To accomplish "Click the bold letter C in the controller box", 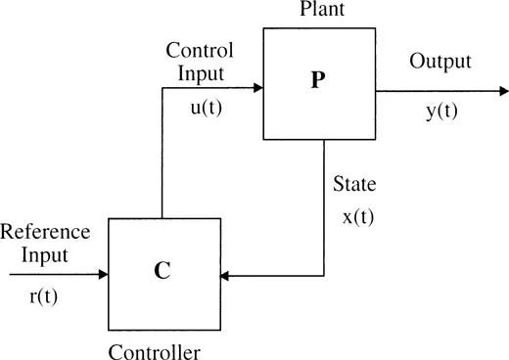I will (163, 271).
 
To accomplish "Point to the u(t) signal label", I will (207, 108).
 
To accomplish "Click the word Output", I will (440, 62).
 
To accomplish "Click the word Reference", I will (45, 232).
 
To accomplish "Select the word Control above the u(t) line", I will (199, 49).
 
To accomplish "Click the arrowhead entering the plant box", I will (257, 88).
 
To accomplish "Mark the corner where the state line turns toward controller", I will (324, 276).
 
